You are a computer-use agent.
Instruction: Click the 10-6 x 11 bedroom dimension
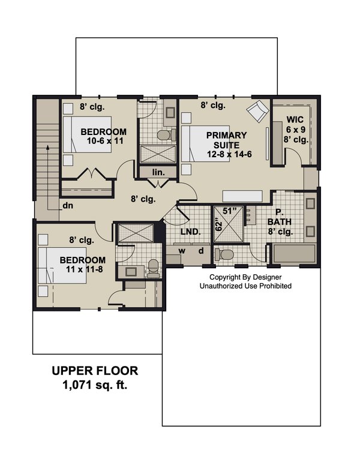click(103, 142)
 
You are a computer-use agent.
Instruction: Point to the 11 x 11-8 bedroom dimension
click(82, 270)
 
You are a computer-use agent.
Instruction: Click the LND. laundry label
click(191, 232)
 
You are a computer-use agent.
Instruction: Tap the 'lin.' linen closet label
click(158, 172)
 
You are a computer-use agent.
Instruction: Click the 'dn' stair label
click(67, 205)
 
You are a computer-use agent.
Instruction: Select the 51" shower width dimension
click(230, 211)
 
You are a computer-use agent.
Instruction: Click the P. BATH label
click(280, 221)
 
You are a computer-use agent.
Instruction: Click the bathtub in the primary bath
click(296, 254)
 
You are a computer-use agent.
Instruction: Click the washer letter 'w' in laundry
click(180, 250)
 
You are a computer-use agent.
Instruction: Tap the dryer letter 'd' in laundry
click(201, 250)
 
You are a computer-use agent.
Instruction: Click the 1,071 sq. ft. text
click(95, 386)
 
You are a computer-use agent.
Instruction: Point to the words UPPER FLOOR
click(95, 371)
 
